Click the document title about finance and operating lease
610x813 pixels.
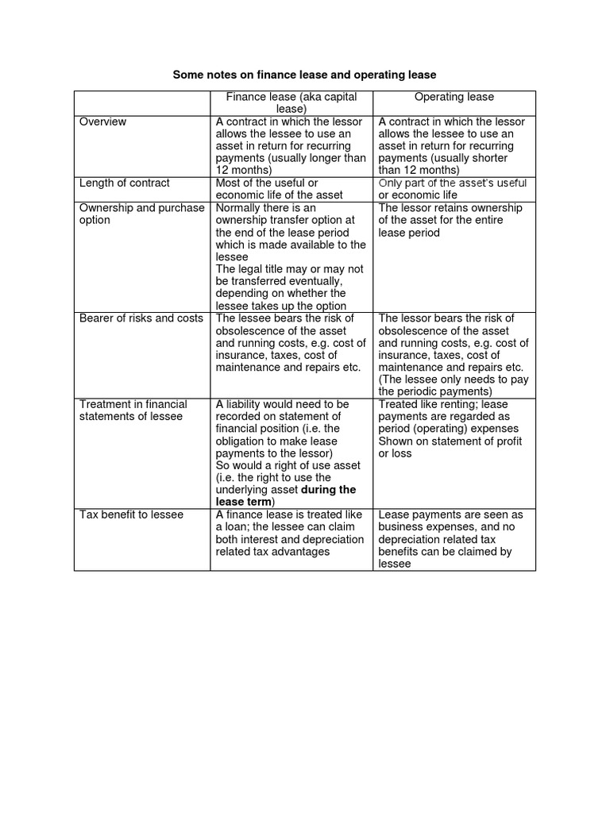coord(305,75)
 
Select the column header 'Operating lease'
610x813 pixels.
coord(454,97)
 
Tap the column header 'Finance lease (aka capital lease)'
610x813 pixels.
coord(291,103)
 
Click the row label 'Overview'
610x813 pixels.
coord(102,121)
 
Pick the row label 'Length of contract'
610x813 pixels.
coord(124,183)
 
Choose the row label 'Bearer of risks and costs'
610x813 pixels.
coord(141,318)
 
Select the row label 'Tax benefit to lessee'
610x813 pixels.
coord(131,514)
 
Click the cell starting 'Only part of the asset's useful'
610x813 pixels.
coord(453,189)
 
